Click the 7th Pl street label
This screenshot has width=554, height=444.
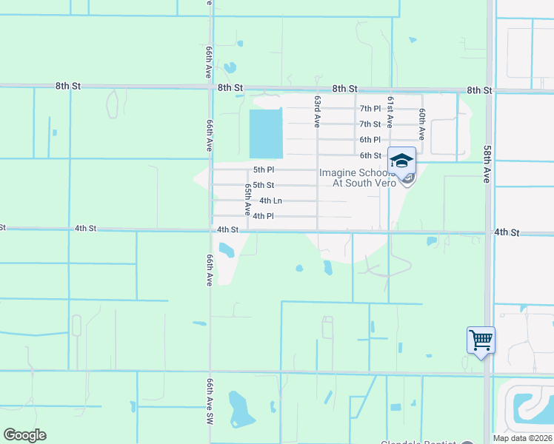370,109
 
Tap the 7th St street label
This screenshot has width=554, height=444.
370,124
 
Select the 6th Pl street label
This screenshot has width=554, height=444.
370,140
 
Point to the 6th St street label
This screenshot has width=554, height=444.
370,155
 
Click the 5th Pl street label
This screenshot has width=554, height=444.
264,169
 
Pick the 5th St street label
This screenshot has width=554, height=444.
264,185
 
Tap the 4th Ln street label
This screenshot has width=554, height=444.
270,201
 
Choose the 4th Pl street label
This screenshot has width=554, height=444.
264,216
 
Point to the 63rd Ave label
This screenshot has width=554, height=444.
317,111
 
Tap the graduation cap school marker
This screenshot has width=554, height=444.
401,161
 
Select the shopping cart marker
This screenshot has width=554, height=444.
481,340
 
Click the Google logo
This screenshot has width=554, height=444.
24,435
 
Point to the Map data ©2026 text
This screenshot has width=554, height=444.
522,438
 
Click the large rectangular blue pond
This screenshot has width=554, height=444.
267,133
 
